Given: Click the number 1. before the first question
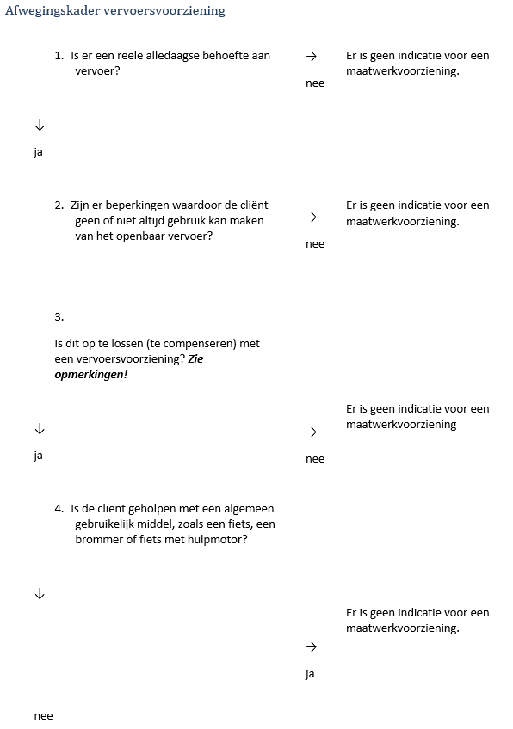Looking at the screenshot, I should [59, 56].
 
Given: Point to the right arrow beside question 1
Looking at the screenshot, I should [312, 56].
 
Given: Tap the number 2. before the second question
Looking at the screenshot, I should [59, 205].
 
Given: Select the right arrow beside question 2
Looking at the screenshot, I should [312, 217].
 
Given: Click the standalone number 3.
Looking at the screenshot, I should [59, 316].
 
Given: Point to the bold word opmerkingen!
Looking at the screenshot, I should [90, 375].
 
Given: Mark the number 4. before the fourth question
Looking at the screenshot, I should [59, 508].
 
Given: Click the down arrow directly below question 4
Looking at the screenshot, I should [39, 593].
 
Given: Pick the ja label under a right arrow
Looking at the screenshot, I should [311, 674].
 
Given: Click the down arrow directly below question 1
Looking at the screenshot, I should [39, 126].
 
